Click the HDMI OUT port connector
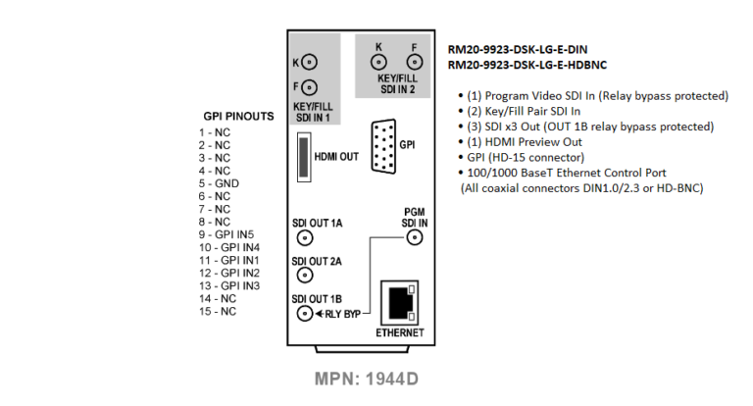point(304,157)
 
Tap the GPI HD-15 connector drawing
point(383,146)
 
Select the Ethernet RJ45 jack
point(400,303)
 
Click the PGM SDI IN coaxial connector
point(415,237)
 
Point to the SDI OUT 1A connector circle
point(305,237)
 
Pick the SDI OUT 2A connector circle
point(305,276)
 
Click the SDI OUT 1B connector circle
point(305,313)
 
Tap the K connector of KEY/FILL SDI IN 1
point(309,62)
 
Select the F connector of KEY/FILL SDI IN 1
point(309,87)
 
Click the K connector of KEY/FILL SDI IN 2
point(378,62)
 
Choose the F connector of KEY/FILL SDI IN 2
point(415,62)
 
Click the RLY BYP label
point(343,314)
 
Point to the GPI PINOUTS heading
point(238,117)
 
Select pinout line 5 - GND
point(219,183)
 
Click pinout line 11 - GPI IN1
point(229,261)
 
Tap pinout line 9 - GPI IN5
point(226,234)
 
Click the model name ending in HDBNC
point(527,65)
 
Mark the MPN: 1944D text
point(367,380)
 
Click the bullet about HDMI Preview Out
point(520,142)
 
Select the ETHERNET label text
point(400,333)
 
